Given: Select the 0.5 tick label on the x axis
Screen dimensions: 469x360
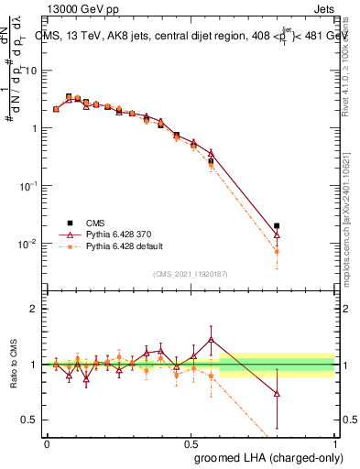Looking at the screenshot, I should click(190, 442).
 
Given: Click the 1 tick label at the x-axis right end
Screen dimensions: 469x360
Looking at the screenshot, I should click(334, 442).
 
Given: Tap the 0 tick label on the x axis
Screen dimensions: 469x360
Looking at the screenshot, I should click(47, 442).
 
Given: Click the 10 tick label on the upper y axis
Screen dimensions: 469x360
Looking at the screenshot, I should click(30, 71).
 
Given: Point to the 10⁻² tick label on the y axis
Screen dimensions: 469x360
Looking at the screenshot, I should click(27, 243).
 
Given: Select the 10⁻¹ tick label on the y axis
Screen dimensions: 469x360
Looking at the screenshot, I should click(27, 185).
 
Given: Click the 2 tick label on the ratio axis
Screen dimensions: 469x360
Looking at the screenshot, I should click(33, 309).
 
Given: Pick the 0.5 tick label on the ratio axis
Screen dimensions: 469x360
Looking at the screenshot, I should click(29, 420).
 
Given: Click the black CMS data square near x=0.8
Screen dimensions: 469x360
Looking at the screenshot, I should click(277, 225).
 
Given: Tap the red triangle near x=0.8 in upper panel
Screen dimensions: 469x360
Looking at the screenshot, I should click(277, 235).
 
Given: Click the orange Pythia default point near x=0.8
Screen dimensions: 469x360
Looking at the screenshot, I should click(277, 251).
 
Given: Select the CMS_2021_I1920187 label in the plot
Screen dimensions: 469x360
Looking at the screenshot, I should click(190, 274).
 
